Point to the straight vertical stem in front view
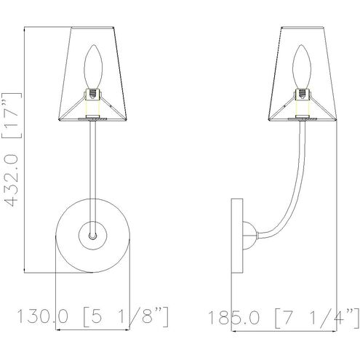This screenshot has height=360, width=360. [92, 167]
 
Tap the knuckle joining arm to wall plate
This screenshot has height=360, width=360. [249, 235]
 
